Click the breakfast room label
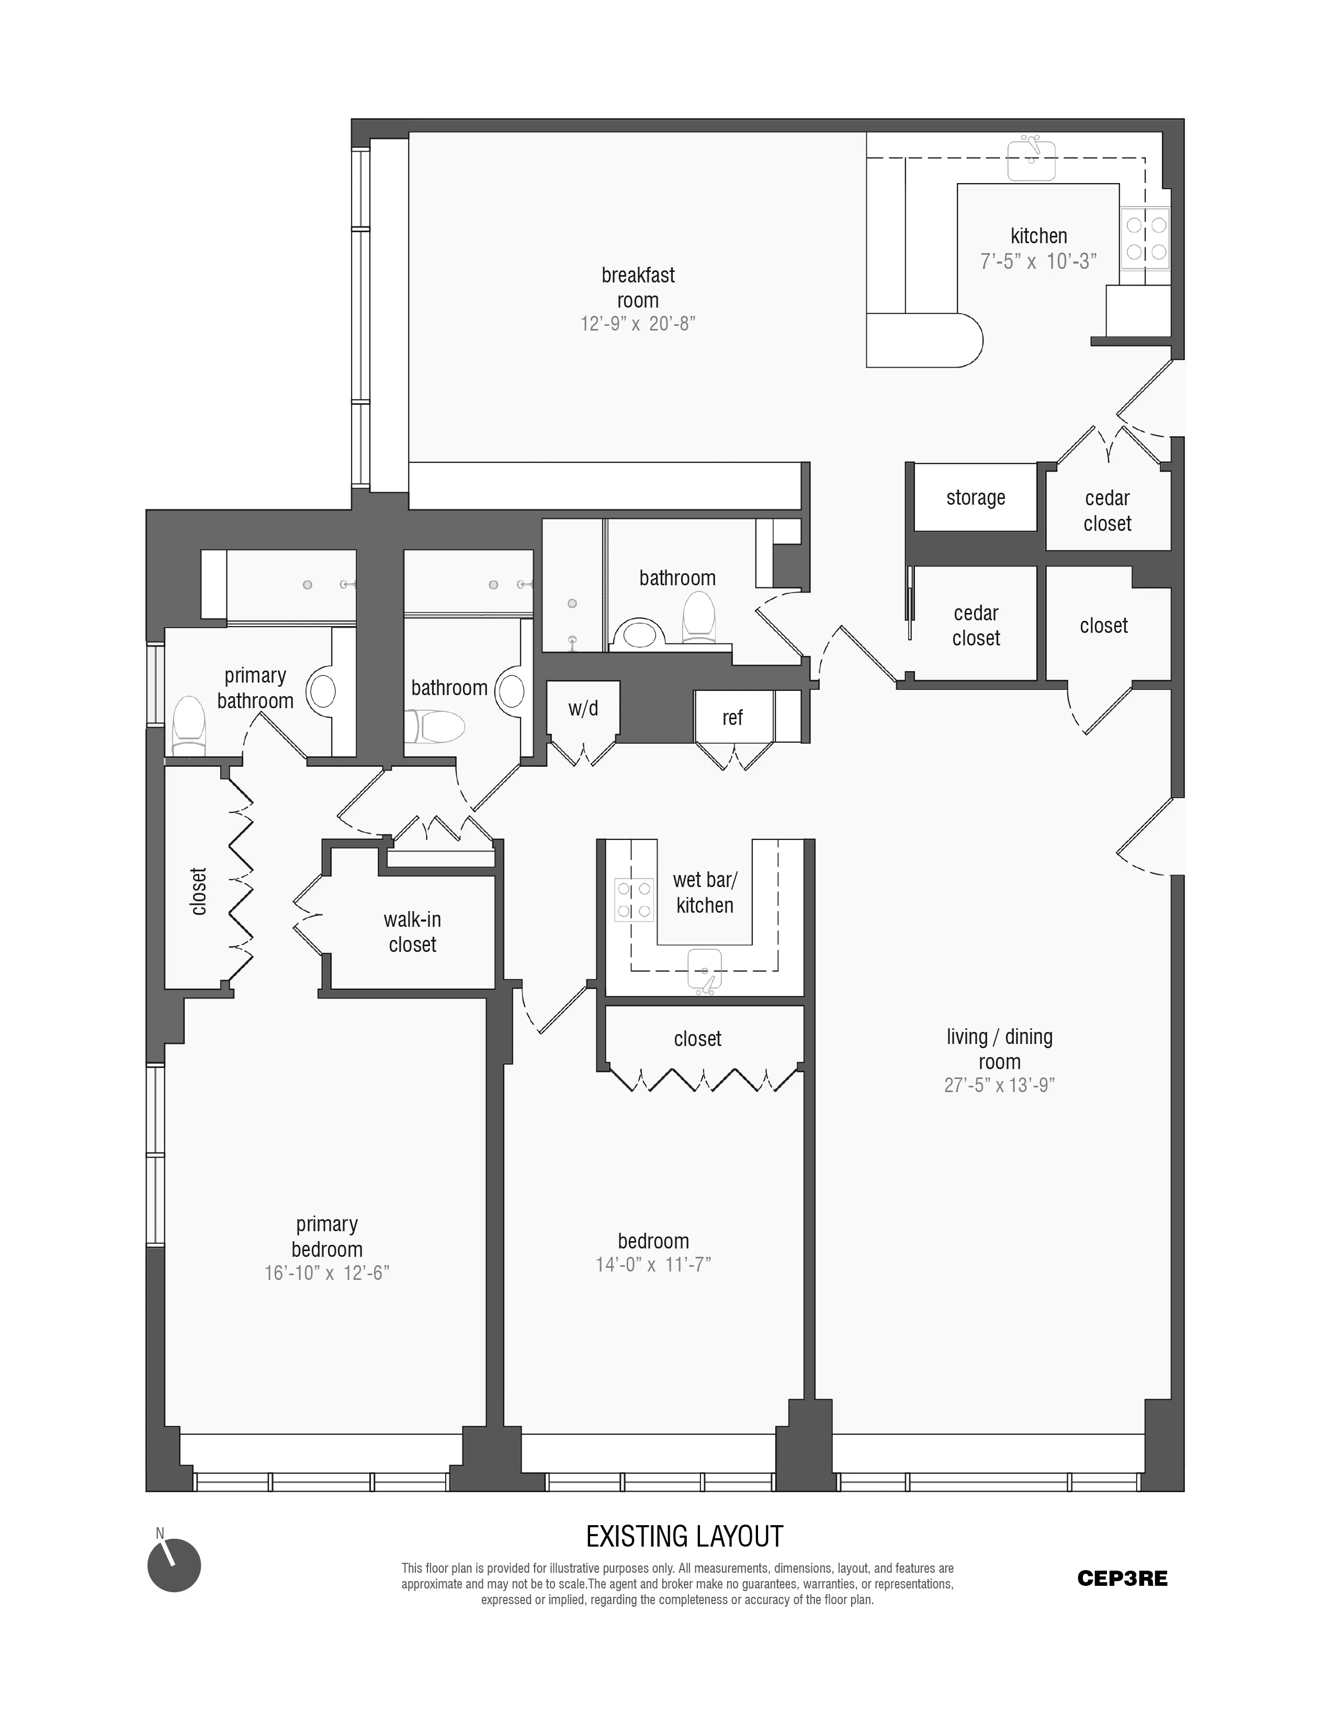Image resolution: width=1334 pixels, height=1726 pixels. click(638, 288)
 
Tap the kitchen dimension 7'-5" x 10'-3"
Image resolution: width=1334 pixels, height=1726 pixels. click(1038, 262)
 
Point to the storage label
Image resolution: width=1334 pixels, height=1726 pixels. click(975, 498)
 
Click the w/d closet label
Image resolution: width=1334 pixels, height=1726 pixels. click(583, 709)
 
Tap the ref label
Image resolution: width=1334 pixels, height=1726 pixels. click(732, 718)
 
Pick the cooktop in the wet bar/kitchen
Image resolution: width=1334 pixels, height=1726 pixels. click(635, 900)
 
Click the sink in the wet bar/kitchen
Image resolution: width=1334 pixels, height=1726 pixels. click(704, 969)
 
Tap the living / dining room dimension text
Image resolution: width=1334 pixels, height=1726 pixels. click(999, 1085)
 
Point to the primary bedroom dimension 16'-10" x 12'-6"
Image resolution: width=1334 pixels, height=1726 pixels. click(326, 1273)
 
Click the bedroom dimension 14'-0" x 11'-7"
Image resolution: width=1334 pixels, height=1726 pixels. click(653, 1265)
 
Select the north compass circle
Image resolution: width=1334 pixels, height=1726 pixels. click(174, 1565)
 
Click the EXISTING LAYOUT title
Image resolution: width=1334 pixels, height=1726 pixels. click(684, 1537)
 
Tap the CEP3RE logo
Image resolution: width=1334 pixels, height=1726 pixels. click(1122, 1578)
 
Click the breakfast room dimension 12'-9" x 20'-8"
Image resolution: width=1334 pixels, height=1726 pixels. click(638, 324)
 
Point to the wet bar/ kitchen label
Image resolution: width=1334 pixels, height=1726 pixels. click(704, 892)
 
